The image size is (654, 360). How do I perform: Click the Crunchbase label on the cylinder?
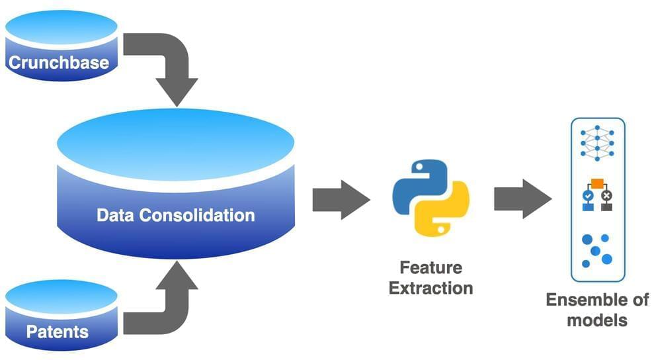[58, 63]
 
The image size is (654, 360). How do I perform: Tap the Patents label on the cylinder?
[58, 330]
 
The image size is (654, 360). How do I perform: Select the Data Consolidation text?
[175, 215]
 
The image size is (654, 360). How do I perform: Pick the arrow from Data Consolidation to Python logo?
[340, 199]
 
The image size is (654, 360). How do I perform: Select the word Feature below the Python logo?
[430, 268]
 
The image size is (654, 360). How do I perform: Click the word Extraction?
[430, 289]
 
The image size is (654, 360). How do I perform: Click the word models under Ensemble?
[596, 321]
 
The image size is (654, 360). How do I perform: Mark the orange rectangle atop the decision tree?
[597, 183]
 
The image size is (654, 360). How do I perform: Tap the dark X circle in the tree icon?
[607, 196]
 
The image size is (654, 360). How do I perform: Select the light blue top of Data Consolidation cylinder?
[175, 142]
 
